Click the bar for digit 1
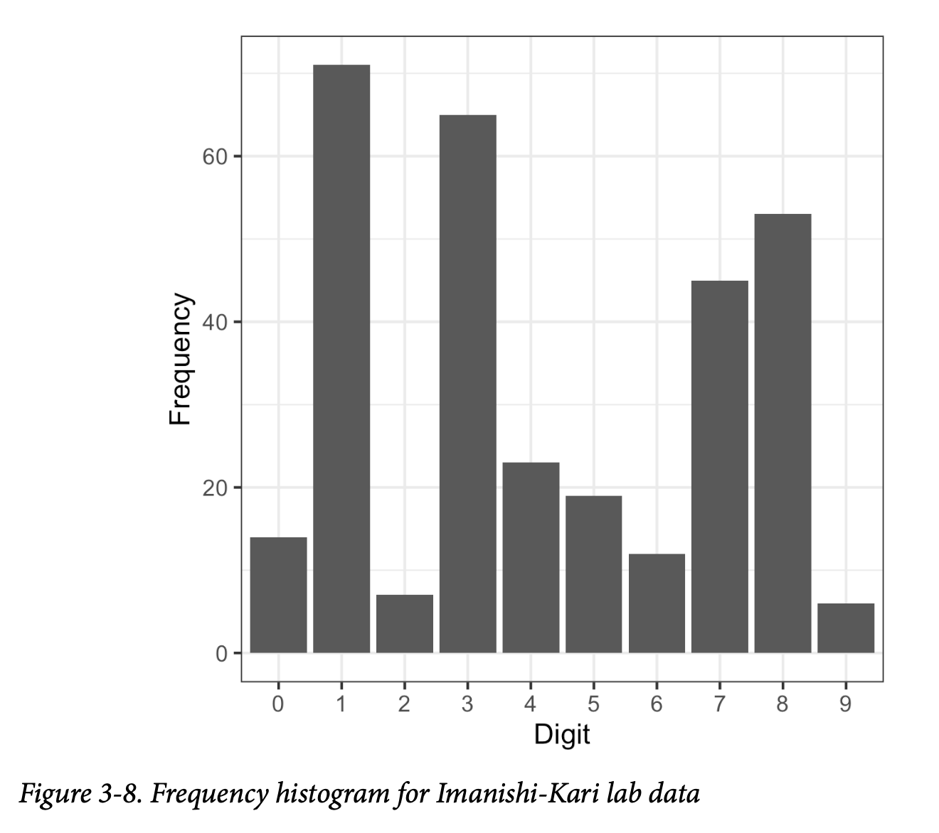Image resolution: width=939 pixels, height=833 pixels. click(x=341, y=358)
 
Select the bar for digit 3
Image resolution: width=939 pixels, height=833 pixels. click(x=467, y=384)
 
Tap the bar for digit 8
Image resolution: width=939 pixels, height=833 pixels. click(x=782, y=433)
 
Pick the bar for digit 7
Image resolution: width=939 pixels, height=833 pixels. click(x=719, y=466)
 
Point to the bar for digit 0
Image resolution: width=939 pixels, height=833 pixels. click(x=278, y=595)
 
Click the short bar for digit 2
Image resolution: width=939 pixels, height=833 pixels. click(x=404, y=623)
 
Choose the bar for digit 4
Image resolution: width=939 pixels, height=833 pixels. click(x=531, y=557)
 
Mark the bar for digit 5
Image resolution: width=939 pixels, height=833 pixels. click(x=593, y=574)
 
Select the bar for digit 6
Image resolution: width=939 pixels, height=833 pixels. click(x=657, y=603)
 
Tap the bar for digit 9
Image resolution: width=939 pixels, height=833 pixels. click(x=846, y=628)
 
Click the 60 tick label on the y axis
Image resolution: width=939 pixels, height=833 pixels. click(x=214, y=156)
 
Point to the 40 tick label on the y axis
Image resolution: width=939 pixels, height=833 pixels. click(x=214, y=322)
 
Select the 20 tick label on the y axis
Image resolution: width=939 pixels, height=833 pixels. click(x=214, y=488)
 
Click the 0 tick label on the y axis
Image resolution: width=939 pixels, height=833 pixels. click(x=221, y=653)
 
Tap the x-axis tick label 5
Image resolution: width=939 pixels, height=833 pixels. click(x=593, y=704)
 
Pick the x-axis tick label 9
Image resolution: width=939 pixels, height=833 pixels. click(x=846, y=704)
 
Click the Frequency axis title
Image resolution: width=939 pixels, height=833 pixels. click(x=181, y=359)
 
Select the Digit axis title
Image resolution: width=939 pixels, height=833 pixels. click(x=562, y=734)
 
